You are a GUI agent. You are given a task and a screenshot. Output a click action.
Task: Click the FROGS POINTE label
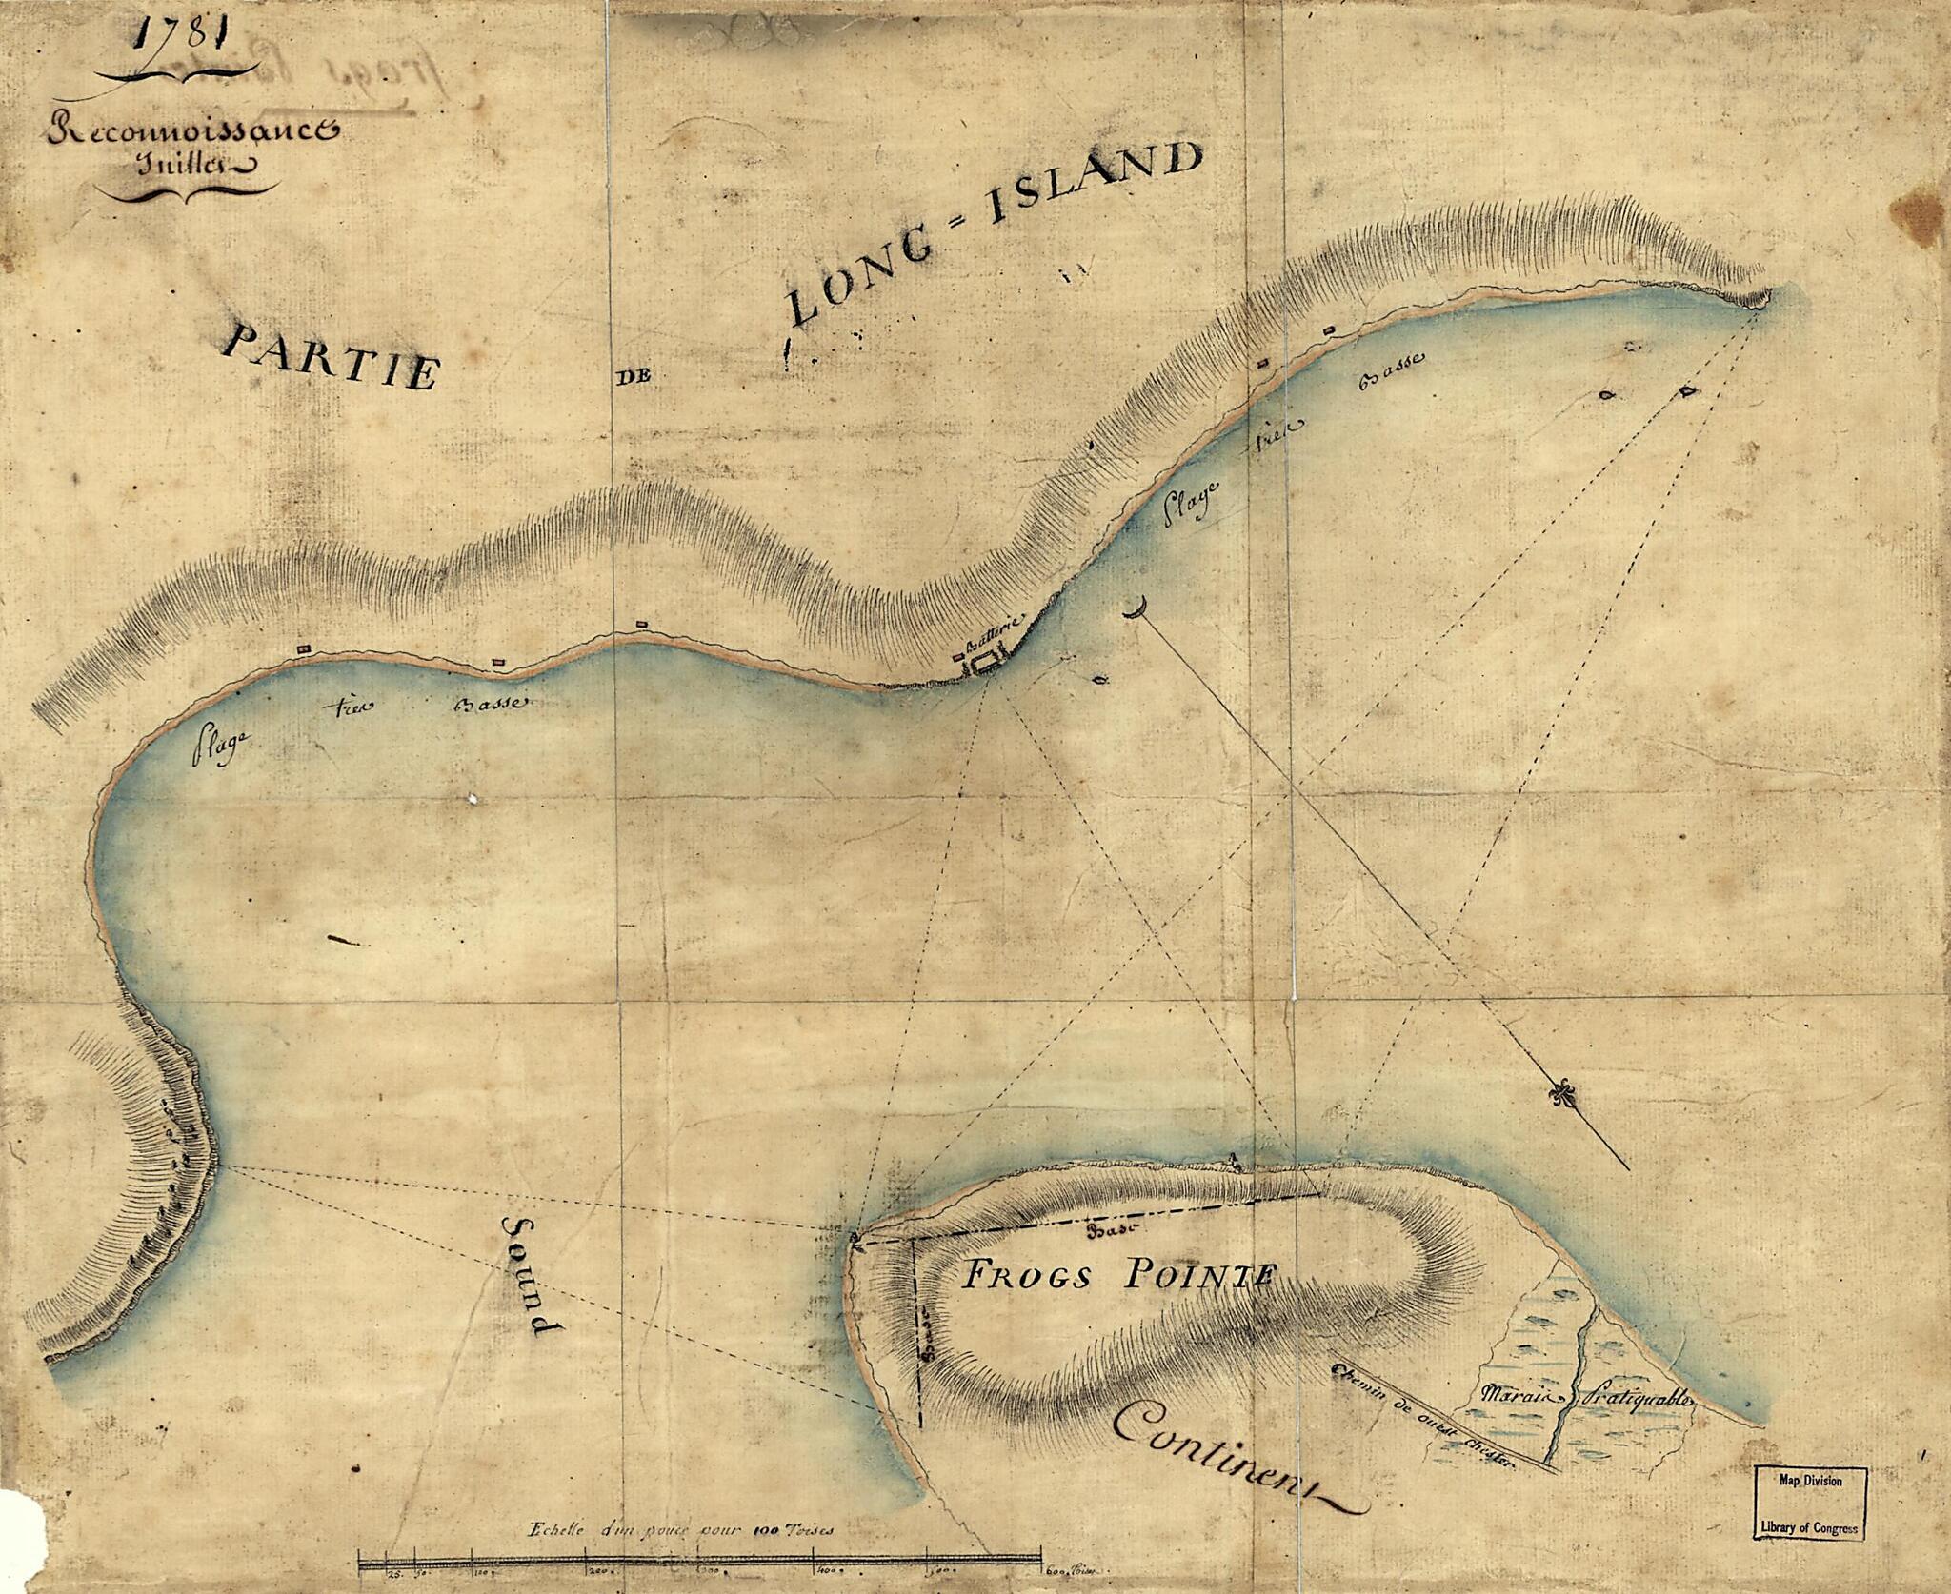pos(1115,1276)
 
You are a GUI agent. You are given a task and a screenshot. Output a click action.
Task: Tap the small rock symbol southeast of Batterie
pos(1101,679)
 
